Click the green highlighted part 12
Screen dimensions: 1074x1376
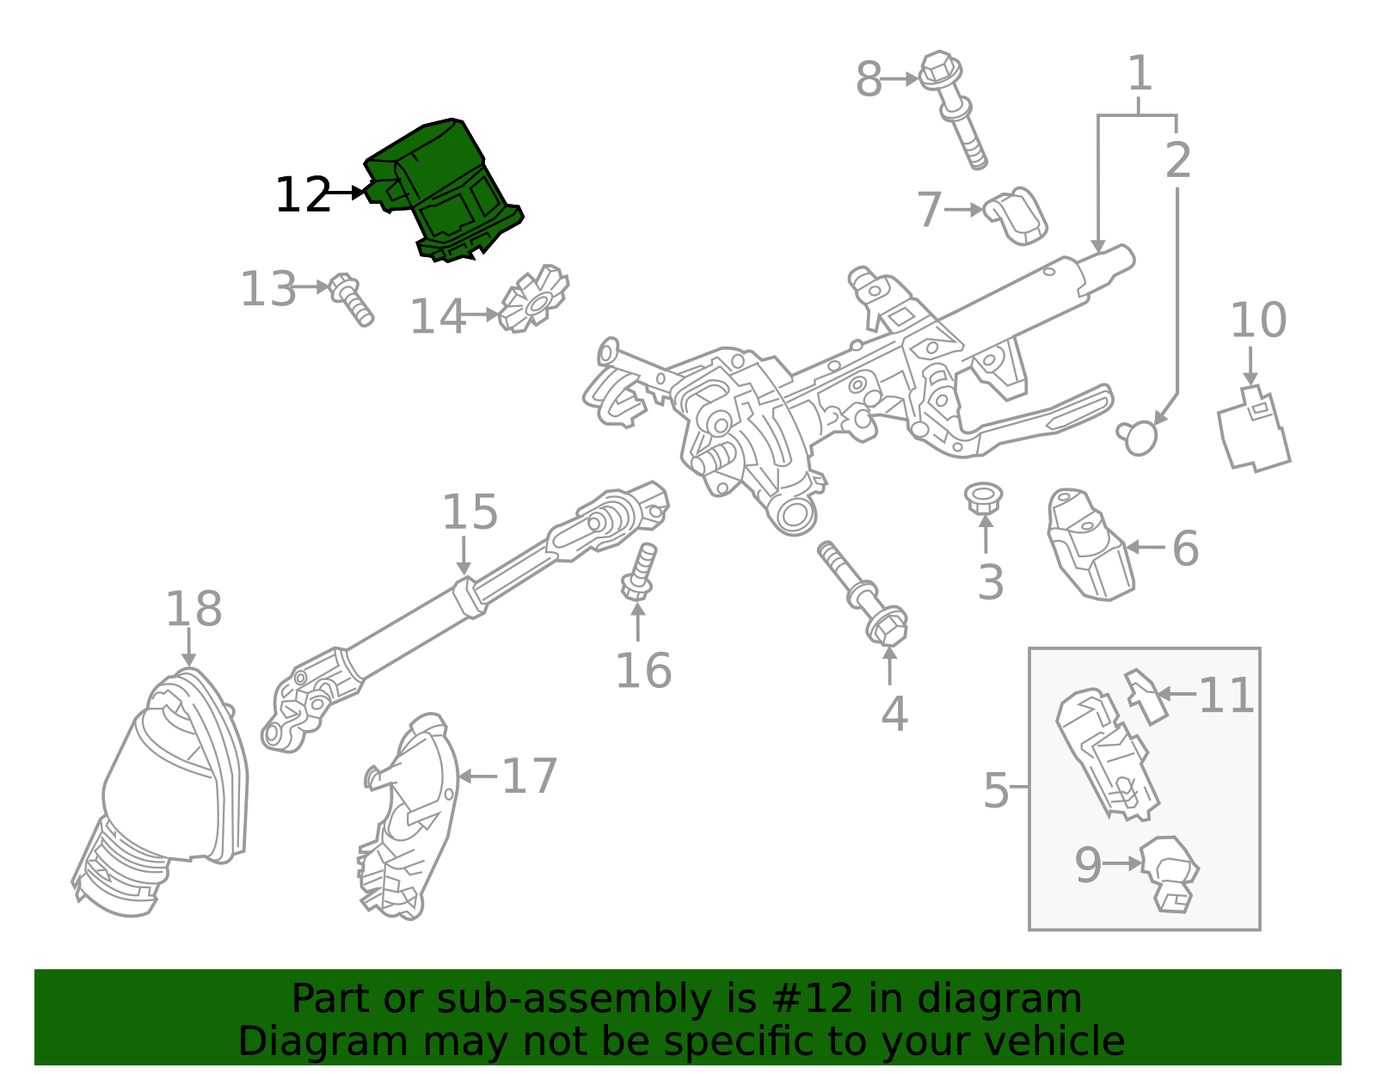[x=447, y=189]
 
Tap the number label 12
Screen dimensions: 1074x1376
[x=303, y=196]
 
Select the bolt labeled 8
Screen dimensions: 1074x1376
[x=955, y=107]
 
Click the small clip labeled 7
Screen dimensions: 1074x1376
[x=1017, y=215]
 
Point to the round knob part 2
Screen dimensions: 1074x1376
[x=1139, y=437]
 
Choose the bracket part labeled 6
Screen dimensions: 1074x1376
[x=1088, y=546]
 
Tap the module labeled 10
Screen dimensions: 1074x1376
[x=1253, y=430]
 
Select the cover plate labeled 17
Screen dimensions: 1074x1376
[x=408, y=817]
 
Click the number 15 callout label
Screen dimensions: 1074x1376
[x=470, y=512]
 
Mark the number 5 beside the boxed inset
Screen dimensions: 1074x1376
[x=995, y=789]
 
